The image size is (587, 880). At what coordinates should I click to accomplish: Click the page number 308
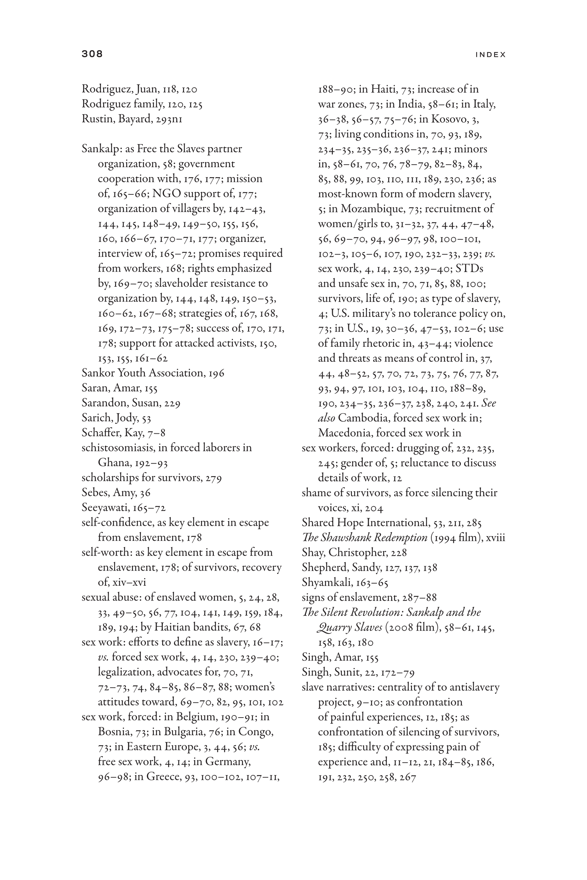tap(92, 54)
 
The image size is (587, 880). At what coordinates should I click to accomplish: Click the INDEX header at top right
tap(490, 55)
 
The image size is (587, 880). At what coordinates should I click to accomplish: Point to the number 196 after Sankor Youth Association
tap(216, 373)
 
